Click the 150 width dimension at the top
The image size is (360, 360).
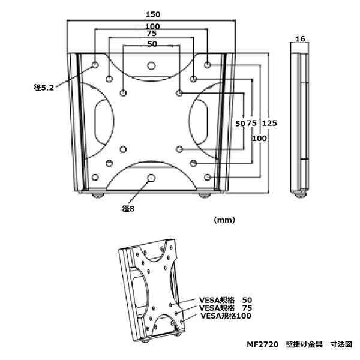click(x=152, y=13)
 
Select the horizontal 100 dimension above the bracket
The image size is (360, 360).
click(x=152, y=26)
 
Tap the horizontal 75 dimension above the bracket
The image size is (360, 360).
click(x=152, y=35)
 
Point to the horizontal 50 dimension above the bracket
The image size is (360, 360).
click(x=152, y=44)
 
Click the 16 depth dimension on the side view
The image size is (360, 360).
click(x=301, y=39)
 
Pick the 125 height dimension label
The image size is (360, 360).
click(x=269, y=123)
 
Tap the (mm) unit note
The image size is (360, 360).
click(x=224, y=220)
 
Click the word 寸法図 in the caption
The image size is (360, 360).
click(x=341, y=345)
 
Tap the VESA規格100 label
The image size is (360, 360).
click(x=225, y=316)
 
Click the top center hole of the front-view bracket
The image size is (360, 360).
click(x=151, y=65)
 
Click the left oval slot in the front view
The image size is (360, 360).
click(x=101, y=120)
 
